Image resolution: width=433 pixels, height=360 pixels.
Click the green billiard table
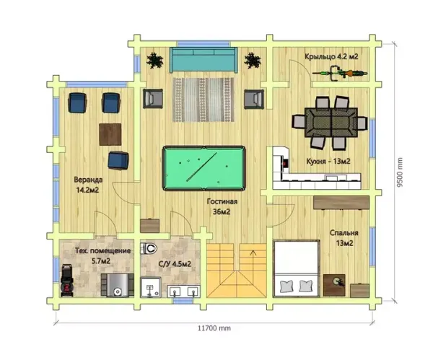[204, 168]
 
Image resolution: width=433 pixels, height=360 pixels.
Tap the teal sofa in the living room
[204, 60]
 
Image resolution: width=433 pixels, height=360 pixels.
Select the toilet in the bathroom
[149, 248]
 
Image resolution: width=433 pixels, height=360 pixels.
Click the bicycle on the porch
[340, 73]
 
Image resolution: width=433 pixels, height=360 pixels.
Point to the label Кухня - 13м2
[328, 161]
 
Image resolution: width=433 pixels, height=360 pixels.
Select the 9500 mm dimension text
[400, 172]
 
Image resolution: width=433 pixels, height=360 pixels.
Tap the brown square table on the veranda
[110, 134]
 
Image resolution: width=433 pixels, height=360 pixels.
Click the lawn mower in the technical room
[67, 280]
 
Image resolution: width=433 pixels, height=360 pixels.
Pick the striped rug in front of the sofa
[204, 100]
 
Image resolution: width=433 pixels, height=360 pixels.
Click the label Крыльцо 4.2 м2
[331, 56]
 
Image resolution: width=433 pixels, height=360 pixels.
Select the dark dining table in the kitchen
[331, 123]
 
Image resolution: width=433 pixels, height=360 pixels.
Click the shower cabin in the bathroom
[151, 287]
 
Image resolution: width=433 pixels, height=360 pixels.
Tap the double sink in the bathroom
[183, 291]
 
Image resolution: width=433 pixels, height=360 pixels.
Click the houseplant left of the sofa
[154, 60]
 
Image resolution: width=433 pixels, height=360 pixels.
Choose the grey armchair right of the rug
[254, 99]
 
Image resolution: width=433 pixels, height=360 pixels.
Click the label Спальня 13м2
[344, 238]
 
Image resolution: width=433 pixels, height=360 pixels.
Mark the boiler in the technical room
[118, 285]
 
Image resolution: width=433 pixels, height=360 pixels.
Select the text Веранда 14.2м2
[88, 185]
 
